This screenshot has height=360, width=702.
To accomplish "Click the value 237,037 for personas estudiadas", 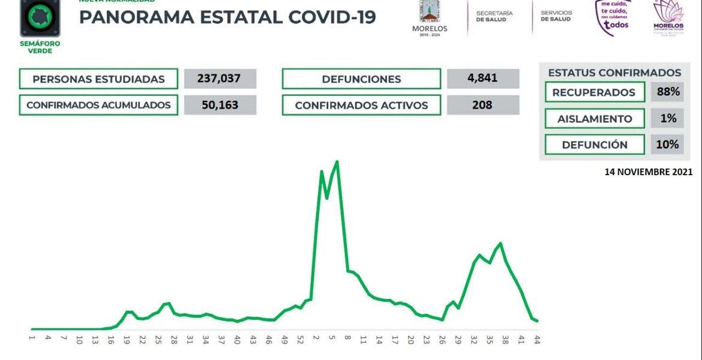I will tap(220, 79).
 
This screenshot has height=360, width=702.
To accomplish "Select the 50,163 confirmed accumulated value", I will tap(220, 105).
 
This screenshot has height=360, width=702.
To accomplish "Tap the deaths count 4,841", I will tap(482, 79).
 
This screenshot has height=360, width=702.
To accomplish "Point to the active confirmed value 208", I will tap(482, 105).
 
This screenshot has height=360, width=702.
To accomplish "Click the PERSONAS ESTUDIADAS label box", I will tap(98, 79).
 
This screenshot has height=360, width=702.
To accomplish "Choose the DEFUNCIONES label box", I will tap(361, 79).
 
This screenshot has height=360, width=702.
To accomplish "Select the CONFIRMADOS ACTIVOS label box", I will tap(361, 106).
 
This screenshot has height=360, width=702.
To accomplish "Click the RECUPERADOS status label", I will tap(593, 92).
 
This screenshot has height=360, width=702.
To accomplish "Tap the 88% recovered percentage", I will tap(668, 92).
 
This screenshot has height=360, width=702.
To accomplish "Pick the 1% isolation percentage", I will tap(668, 118).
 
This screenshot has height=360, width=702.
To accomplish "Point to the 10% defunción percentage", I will tap(668, 145).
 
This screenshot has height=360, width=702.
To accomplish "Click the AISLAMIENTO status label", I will tap(594, 119).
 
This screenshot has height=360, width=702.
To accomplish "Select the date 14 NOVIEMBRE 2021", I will tap(648, 172).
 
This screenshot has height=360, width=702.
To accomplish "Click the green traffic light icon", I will tap(40, 16).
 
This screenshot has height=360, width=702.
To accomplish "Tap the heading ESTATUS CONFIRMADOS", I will tap(614, 73).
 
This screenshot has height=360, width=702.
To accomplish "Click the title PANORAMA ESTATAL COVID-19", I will tap(227, 17).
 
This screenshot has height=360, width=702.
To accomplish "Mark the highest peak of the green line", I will tap(337, 161).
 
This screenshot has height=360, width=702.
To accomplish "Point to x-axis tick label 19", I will tap(127, 339).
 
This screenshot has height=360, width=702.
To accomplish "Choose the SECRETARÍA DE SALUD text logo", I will tap(494, 16).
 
